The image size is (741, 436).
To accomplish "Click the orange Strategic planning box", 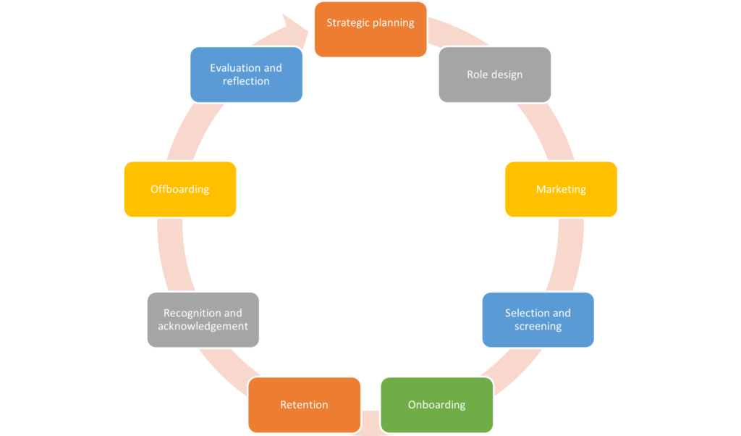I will pyautogui.click(x=370, y=30).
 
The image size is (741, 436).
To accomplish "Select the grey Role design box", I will pyautogui.click(x=494, y=75).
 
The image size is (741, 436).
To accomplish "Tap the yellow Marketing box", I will pyautogui.click(x=561, y=189).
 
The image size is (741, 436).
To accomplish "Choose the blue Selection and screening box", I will pyautogui.click(x=538, y=319).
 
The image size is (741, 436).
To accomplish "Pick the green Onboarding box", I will pyautogui.click(x=436, y=405).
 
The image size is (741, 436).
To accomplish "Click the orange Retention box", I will pyautogui.click(x=304, y=405).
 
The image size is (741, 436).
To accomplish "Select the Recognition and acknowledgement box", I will pyautogui.click(x=203, y=319).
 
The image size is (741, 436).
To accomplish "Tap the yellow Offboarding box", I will pyautogui.click(x=179, y=189).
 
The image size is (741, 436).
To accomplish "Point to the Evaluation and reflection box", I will pyautogui.click(x=246, y=75).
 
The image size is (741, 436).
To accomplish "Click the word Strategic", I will pyautogui.click(x=347, y=22).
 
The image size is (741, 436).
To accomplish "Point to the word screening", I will pyautogui.click(x=538, y=327).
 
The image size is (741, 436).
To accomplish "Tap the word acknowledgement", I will pyautogui.click(x=203, y=327).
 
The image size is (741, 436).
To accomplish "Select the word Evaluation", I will pyautogui.click(x=234, y=68).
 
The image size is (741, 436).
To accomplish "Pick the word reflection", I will pyautogui.click(x=246, y=81).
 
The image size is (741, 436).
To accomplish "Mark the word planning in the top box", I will pyautogui.click(x=393, y=23).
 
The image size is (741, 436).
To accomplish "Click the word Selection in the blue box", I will pyautogui.click(x=526, y=313).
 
